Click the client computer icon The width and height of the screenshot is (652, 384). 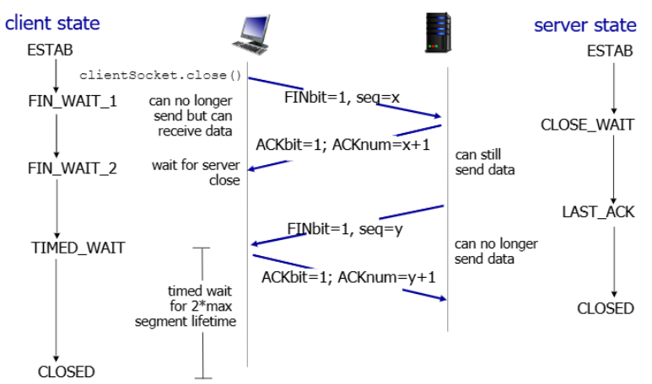point(251,35)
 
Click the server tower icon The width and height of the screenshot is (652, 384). point(438,33)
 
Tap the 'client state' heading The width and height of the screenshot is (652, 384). point(52,23)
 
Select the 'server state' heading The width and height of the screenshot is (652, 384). point(585,25)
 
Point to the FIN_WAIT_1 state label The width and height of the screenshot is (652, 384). point(73,101)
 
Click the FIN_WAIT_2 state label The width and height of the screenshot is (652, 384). point(73,168)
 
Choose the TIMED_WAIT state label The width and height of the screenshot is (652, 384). point(78,248)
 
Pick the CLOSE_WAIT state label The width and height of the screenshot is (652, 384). point(587,125)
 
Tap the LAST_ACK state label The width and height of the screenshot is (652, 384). point(598,211)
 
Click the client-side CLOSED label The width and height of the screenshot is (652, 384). point(66,371)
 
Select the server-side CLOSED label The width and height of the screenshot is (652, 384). point(606,308)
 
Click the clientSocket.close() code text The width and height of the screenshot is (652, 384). point(160,75)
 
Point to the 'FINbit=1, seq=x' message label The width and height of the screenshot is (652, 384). point(342,98)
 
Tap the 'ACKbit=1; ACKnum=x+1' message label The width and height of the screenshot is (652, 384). point(342,145)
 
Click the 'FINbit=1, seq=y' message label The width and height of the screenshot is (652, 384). point(345,229)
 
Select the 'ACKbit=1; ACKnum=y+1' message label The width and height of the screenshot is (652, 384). point(348,277)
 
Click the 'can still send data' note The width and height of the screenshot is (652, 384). point(485,162)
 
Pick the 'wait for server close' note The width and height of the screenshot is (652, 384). point(196,173)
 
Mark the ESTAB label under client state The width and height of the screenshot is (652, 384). point(50,50)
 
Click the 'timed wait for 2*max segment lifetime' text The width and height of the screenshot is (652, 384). point(186,306)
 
